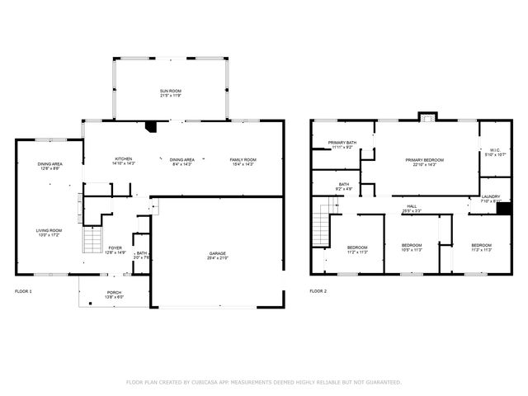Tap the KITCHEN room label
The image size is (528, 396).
[x=123, y=158]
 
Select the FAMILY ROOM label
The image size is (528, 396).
[x=243, y=158]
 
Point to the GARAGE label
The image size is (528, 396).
[x=218, y=253]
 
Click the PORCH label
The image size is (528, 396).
[x=114, y=293]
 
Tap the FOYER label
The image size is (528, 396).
[x=115, y=247]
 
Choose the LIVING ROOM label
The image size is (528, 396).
[x=49, y=230]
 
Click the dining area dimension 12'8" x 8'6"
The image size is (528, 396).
[x=49, y=169]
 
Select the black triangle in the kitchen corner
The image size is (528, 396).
[x=149, y=127]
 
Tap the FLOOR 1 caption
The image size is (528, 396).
[x=24, y=291]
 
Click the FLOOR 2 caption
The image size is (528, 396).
[x=318, y=291]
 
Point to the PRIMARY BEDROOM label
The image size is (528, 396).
[x=424, y=159]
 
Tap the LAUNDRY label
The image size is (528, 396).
[x=491, y=196]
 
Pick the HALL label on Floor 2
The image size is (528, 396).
[x=411, y=206]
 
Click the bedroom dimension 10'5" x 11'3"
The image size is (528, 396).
[x=412, y=250]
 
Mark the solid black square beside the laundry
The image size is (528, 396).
[x=502, y=208]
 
